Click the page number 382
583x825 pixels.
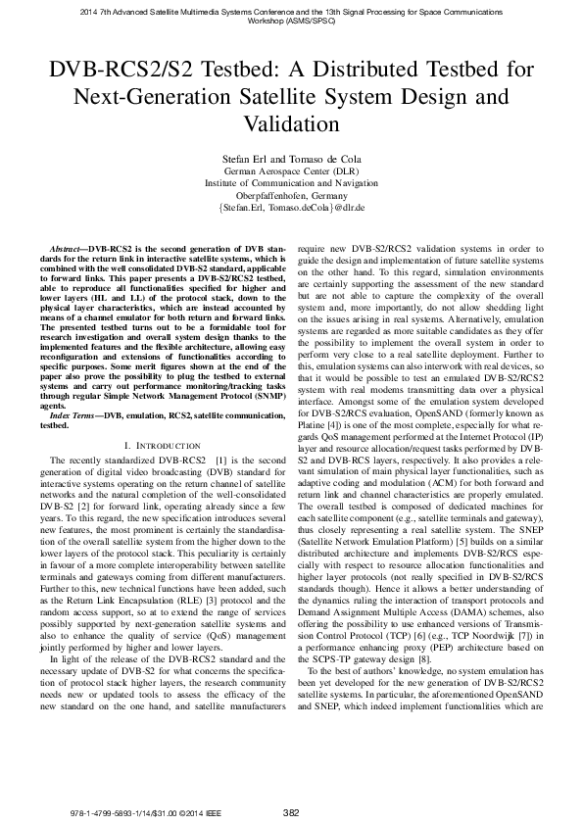(x=291, y=812)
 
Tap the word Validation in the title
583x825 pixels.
(x=291, y=125)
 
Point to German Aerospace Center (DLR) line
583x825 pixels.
(x=291, y=170)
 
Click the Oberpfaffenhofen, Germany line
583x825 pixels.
(x=291, y=195)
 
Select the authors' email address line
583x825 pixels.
(x=291, y=208)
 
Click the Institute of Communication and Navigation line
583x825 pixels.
(x=291, y=182)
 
